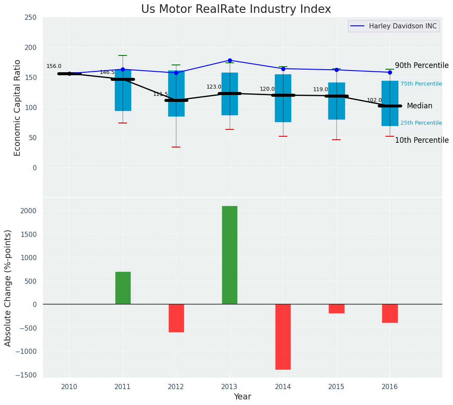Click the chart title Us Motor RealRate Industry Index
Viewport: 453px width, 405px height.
click(x=236, y=9)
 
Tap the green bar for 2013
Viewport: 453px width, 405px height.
click(x=230, y=255)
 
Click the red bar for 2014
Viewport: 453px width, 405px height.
click(x=283, y=337)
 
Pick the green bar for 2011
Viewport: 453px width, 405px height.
click(x=123, y=288)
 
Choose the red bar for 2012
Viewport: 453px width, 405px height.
click(x=176, y=318)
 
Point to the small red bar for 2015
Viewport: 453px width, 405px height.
click(x=336, y=309)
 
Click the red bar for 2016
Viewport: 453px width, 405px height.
click(x=390, y=313)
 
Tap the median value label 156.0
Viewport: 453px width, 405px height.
click(x=54, y=66)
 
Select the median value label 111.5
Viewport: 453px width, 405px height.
click(x=160, y=94)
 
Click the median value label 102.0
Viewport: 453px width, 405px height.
click(x=374, y=100)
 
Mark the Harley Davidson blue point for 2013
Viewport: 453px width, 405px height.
click(x=230, y=60)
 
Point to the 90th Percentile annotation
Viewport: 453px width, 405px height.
click(x=422, y=65)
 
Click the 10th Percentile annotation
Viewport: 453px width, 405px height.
click(x=422, y=140)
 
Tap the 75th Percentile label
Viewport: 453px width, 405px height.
click(x=421, y=84)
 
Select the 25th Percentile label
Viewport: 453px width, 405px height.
click(x=421, y=123)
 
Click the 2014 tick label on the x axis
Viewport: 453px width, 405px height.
click(x=283, y=387)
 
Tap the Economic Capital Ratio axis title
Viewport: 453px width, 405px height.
click(x=18, y=107)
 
